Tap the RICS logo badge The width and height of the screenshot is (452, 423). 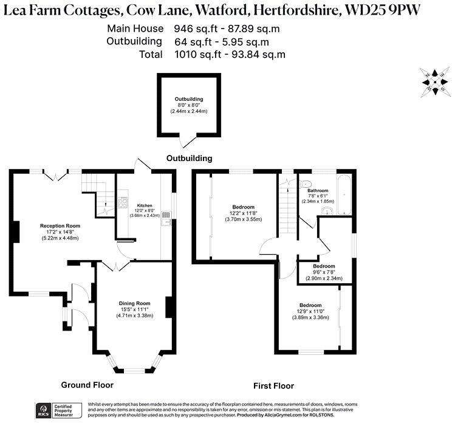pos(44,409)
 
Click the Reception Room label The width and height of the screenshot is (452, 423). pos(60,225)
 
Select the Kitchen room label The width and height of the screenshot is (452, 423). pos(145,205)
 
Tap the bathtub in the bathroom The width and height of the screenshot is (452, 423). pos(344,194)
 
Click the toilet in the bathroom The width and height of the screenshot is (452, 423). pos(306,183)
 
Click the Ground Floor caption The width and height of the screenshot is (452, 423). pos(87,385)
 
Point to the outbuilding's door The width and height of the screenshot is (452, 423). pos(189,142)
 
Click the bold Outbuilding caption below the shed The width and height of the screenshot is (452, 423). pos(190,158)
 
